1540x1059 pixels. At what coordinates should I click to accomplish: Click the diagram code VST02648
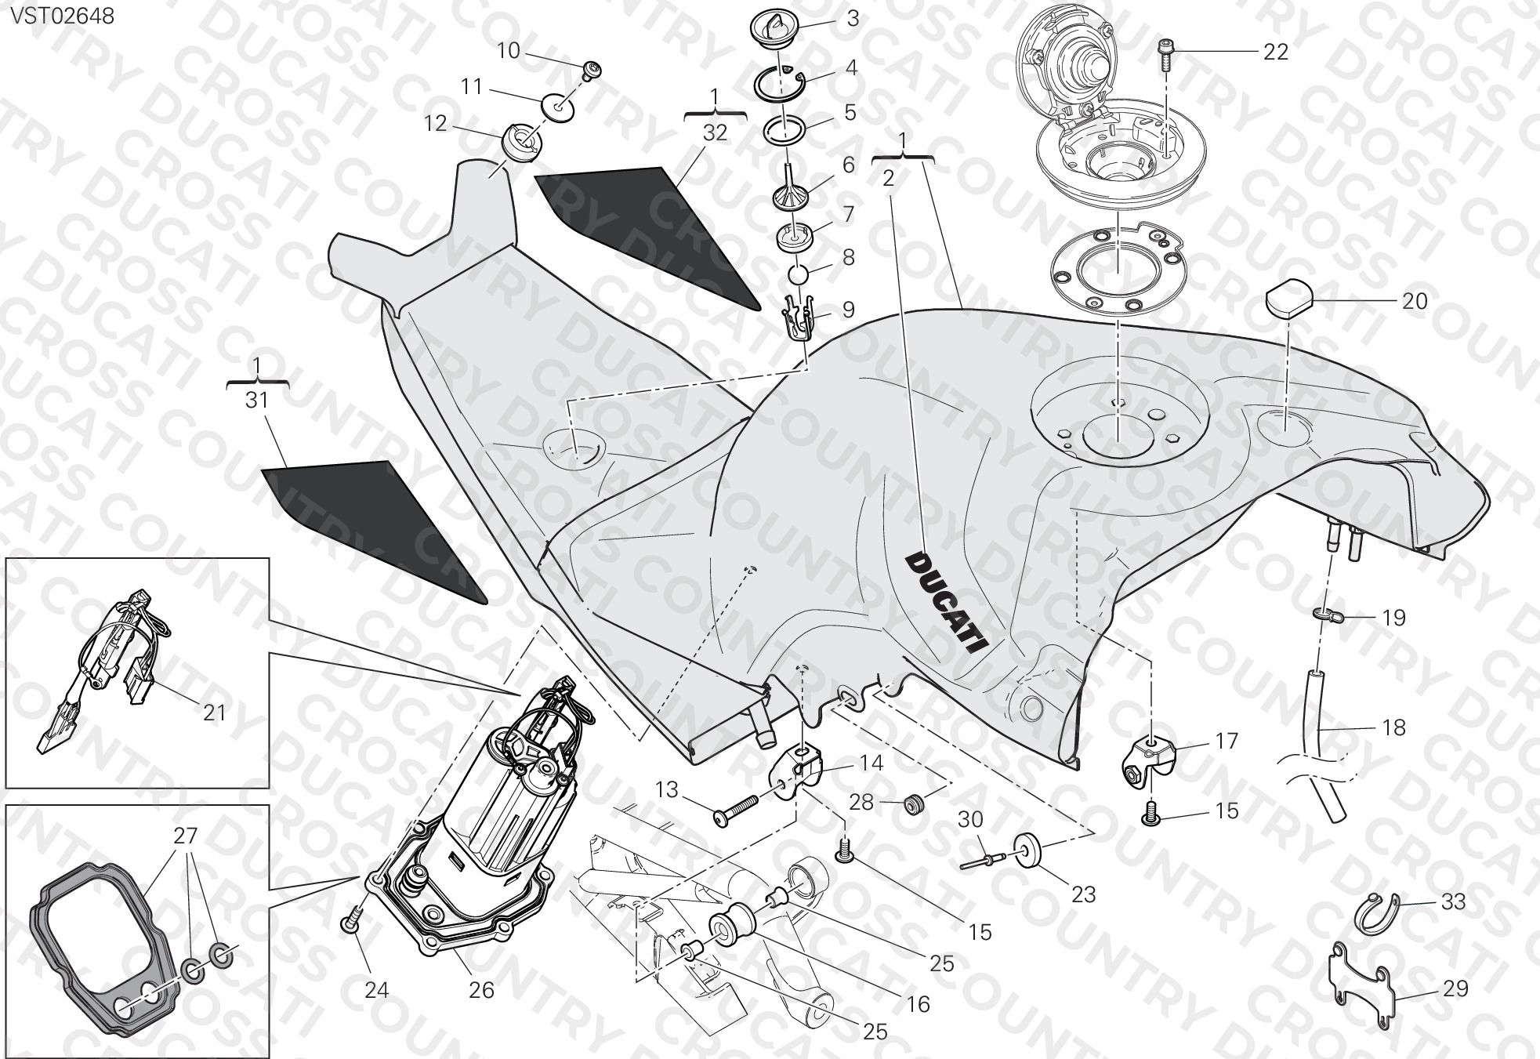[61, 15]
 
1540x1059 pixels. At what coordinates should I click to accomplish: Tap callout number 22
[1276, 52]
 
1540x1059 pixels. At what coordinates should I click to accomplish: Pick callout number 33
[1453, 901]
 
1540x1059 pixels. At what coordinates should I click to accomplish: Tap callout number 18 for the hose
[1393, 727]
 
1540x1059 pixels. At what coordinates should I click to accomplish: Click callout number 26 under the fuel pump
[481, 990]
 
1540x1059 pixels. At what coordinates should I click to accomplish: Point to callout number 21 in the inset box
[214, 712]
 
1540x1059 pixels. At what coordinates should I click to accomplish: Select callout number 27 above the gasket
[185, 836]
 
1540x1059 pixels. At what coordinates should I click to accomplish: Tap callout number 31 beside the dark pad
[257, 401]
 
